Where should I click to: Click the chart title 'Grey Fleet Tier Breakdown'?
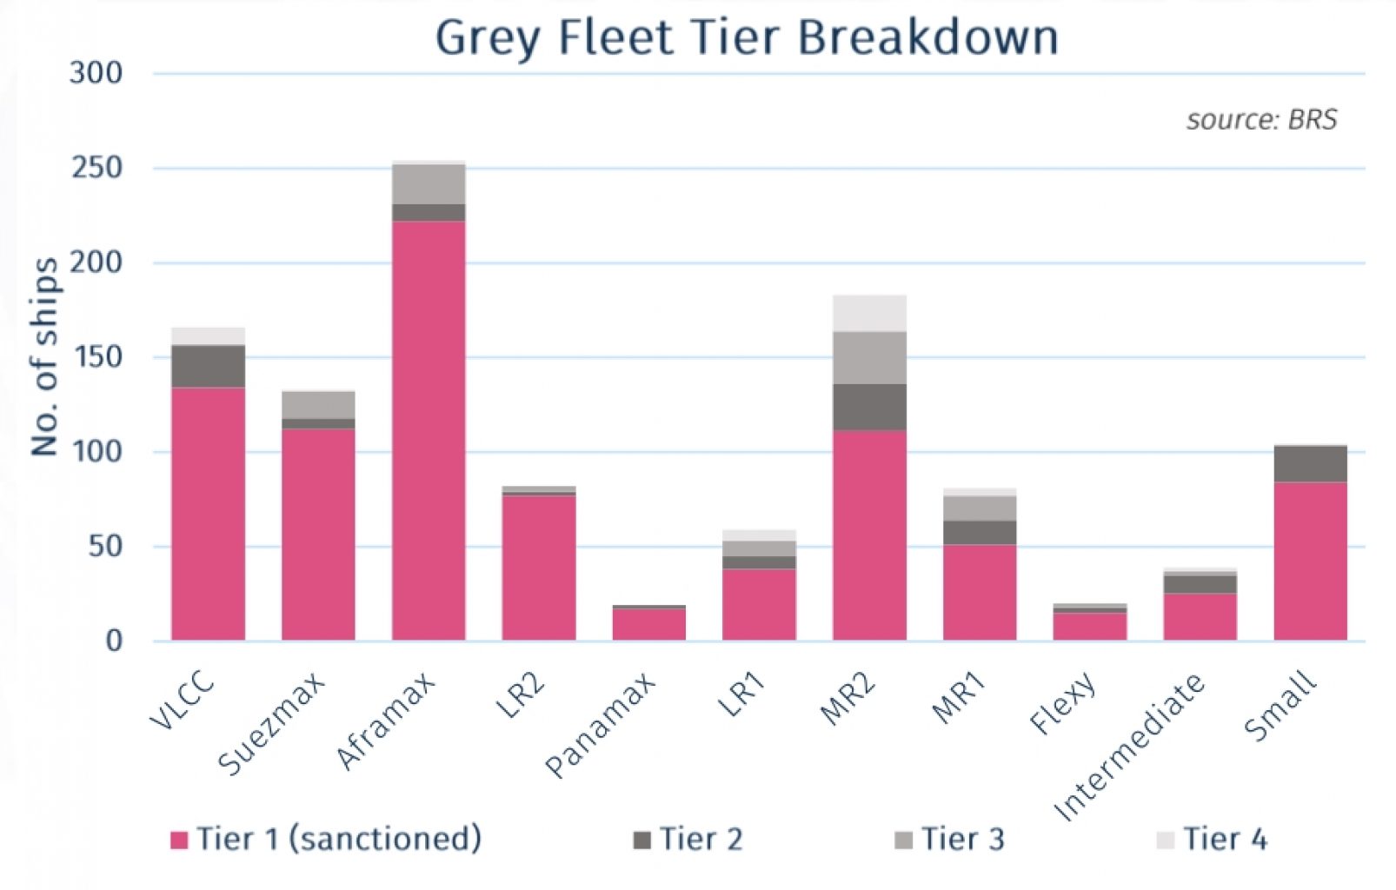coord(747,38)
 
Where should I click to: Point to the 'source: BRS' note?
coord(1261,119)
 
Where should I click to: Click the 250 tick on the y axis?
coord(96,167)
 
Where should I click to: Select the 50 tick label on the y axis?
coord(104,547)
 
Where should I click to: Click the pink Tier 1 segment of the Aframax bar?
coord(429,430)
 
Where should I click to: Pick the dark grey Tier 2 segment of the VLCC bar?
coord(208,366)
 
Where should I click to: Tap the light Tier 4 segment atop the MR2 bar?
coord(869,313)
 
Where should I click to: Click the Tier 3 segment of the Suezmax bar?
coord(318,405)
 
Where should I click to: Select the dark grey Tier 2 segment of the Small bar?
coord(1310,464)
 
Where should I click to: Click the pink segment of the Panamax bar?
coord(648,624)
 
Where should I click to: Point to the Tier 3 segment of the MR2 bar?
coord(869,357)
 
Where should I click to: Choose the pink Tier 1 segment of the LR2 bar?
coord(539,568)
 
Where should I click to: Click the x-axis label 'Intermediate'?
coord(1130,747)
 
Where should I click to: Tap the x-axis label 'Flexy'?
coord(1062,705)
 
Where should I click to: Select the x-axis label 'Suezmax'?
coord(272,723)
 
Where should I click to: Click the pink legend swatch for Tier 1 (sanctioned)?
coord(179,840)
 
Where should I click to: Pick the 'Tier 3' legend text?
coord(962,840)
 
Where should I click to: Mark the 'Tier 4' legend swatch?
coord(1165,840)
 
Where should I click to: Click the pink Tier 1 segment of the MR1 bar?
coord(980,593)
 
